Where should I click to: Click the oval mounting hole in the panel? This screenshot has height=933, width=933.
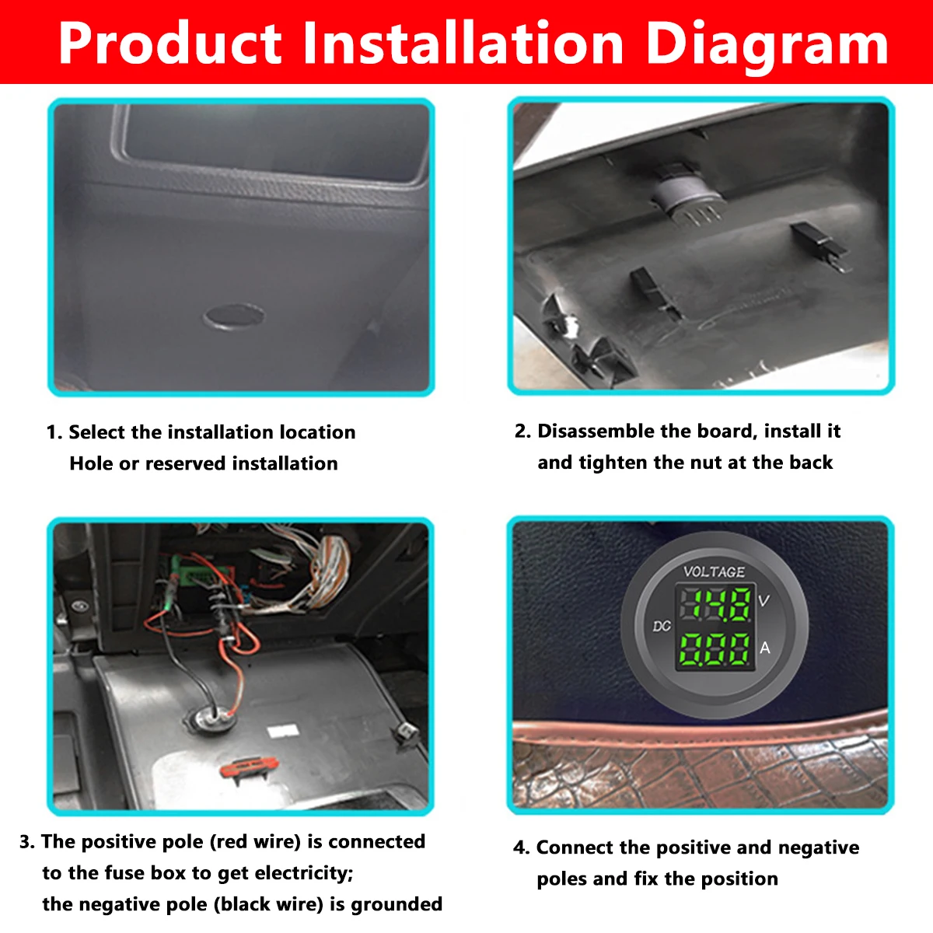coord(233,316)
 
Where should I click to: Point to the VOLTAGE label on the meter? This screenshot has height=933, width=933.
coord(714,571)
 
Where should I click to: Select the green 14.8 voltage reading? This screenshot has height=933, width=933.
coord(716,605)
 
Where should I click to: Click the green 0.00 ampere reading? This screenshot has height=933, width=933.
coord(716,649)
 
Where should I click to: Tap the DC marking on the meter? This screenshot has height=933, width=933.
coord(661,626)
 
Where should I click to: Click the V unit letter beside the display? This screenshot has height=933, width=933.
coord(764,600)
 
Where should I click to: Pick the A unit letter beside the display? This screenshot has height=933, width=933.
coord(765,648)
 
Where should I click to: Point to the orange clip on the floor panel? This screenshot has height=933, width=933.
coord(247,768)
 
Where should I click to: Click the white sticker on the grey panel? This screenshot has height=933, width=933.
coord(283,731)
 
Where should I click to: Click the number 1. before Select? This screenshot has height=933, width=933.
coord(54,432)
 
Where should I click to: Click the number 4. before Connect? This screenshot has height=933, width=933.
coord(521,847)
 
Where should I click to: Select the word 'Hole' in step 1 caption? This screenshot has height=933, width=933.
coord(91,463)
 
